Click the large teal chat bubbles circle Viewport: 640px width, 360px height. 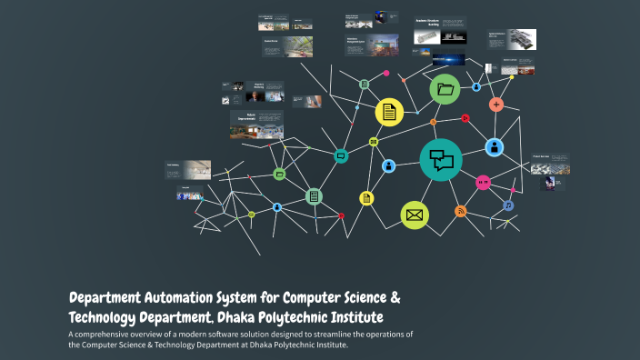coord(442,159)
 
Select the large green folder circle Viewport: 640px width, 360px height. coord(445,89)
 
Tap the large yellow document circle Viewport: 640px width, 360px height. coord(389,112)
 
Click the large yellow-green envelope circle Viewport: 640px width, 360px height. coord(415,215)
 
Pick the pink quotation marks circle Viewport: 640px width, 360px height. coord(483,182)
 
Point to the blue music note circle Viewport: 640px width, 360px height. coord(508,205)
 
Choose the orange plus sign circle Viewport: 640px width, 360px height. coord(496,105)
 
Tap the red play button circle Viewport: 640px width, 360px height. coord(465,117)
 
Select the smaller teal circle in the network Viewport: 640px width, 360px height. coord(341,155)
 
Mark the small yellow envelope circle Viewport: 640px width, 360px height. coord(374,141)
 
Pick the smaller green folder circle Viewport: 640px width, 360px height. coord(280,173)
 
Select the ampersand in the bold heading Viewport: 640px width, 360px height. coord(395,298)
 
